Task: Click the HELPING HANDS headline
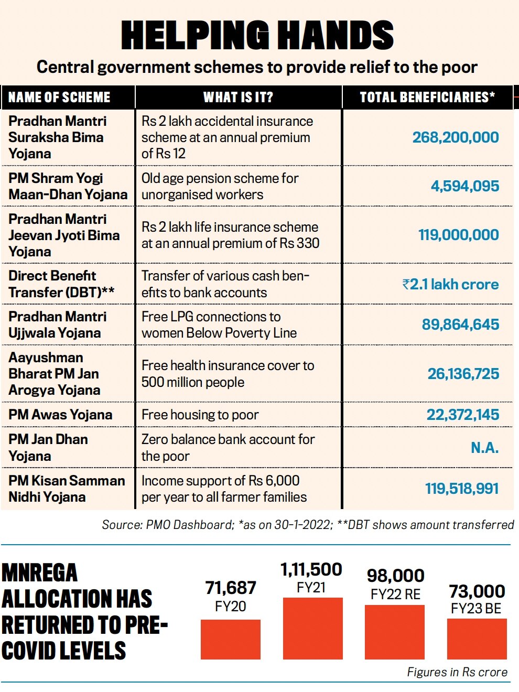[257, 35]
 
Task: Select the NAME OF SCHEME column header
[59, 97]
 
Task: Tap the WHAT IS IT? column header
[238, 97]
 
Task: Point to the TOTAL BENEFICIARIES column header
[427, 97]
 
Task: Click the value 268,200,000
[456, 137]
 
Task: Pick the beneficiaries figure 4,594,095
[465, 186]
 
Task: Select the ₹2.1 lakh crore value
[451, 284]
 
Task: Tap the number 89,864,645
[461, 325]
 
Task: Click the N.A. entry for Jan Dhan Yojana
[485, 448]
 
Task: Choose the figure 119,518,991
[462, 489]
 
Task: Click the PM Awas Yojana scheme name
[60, 415]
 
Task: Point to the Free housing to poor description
[200, 415]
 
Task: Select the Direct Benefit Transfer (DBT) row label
[61, 284]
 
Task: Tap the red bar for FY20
[231, 640]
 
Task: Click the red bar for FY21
[313, 629]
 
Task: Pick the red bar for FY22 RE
[395, 632]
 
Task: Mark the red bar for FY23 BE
[477, 639]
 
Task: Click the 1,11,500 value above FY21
[311, 569]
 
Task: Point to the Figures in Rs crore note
[457, 672]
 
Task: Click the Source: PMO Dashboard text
[168, 525]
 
